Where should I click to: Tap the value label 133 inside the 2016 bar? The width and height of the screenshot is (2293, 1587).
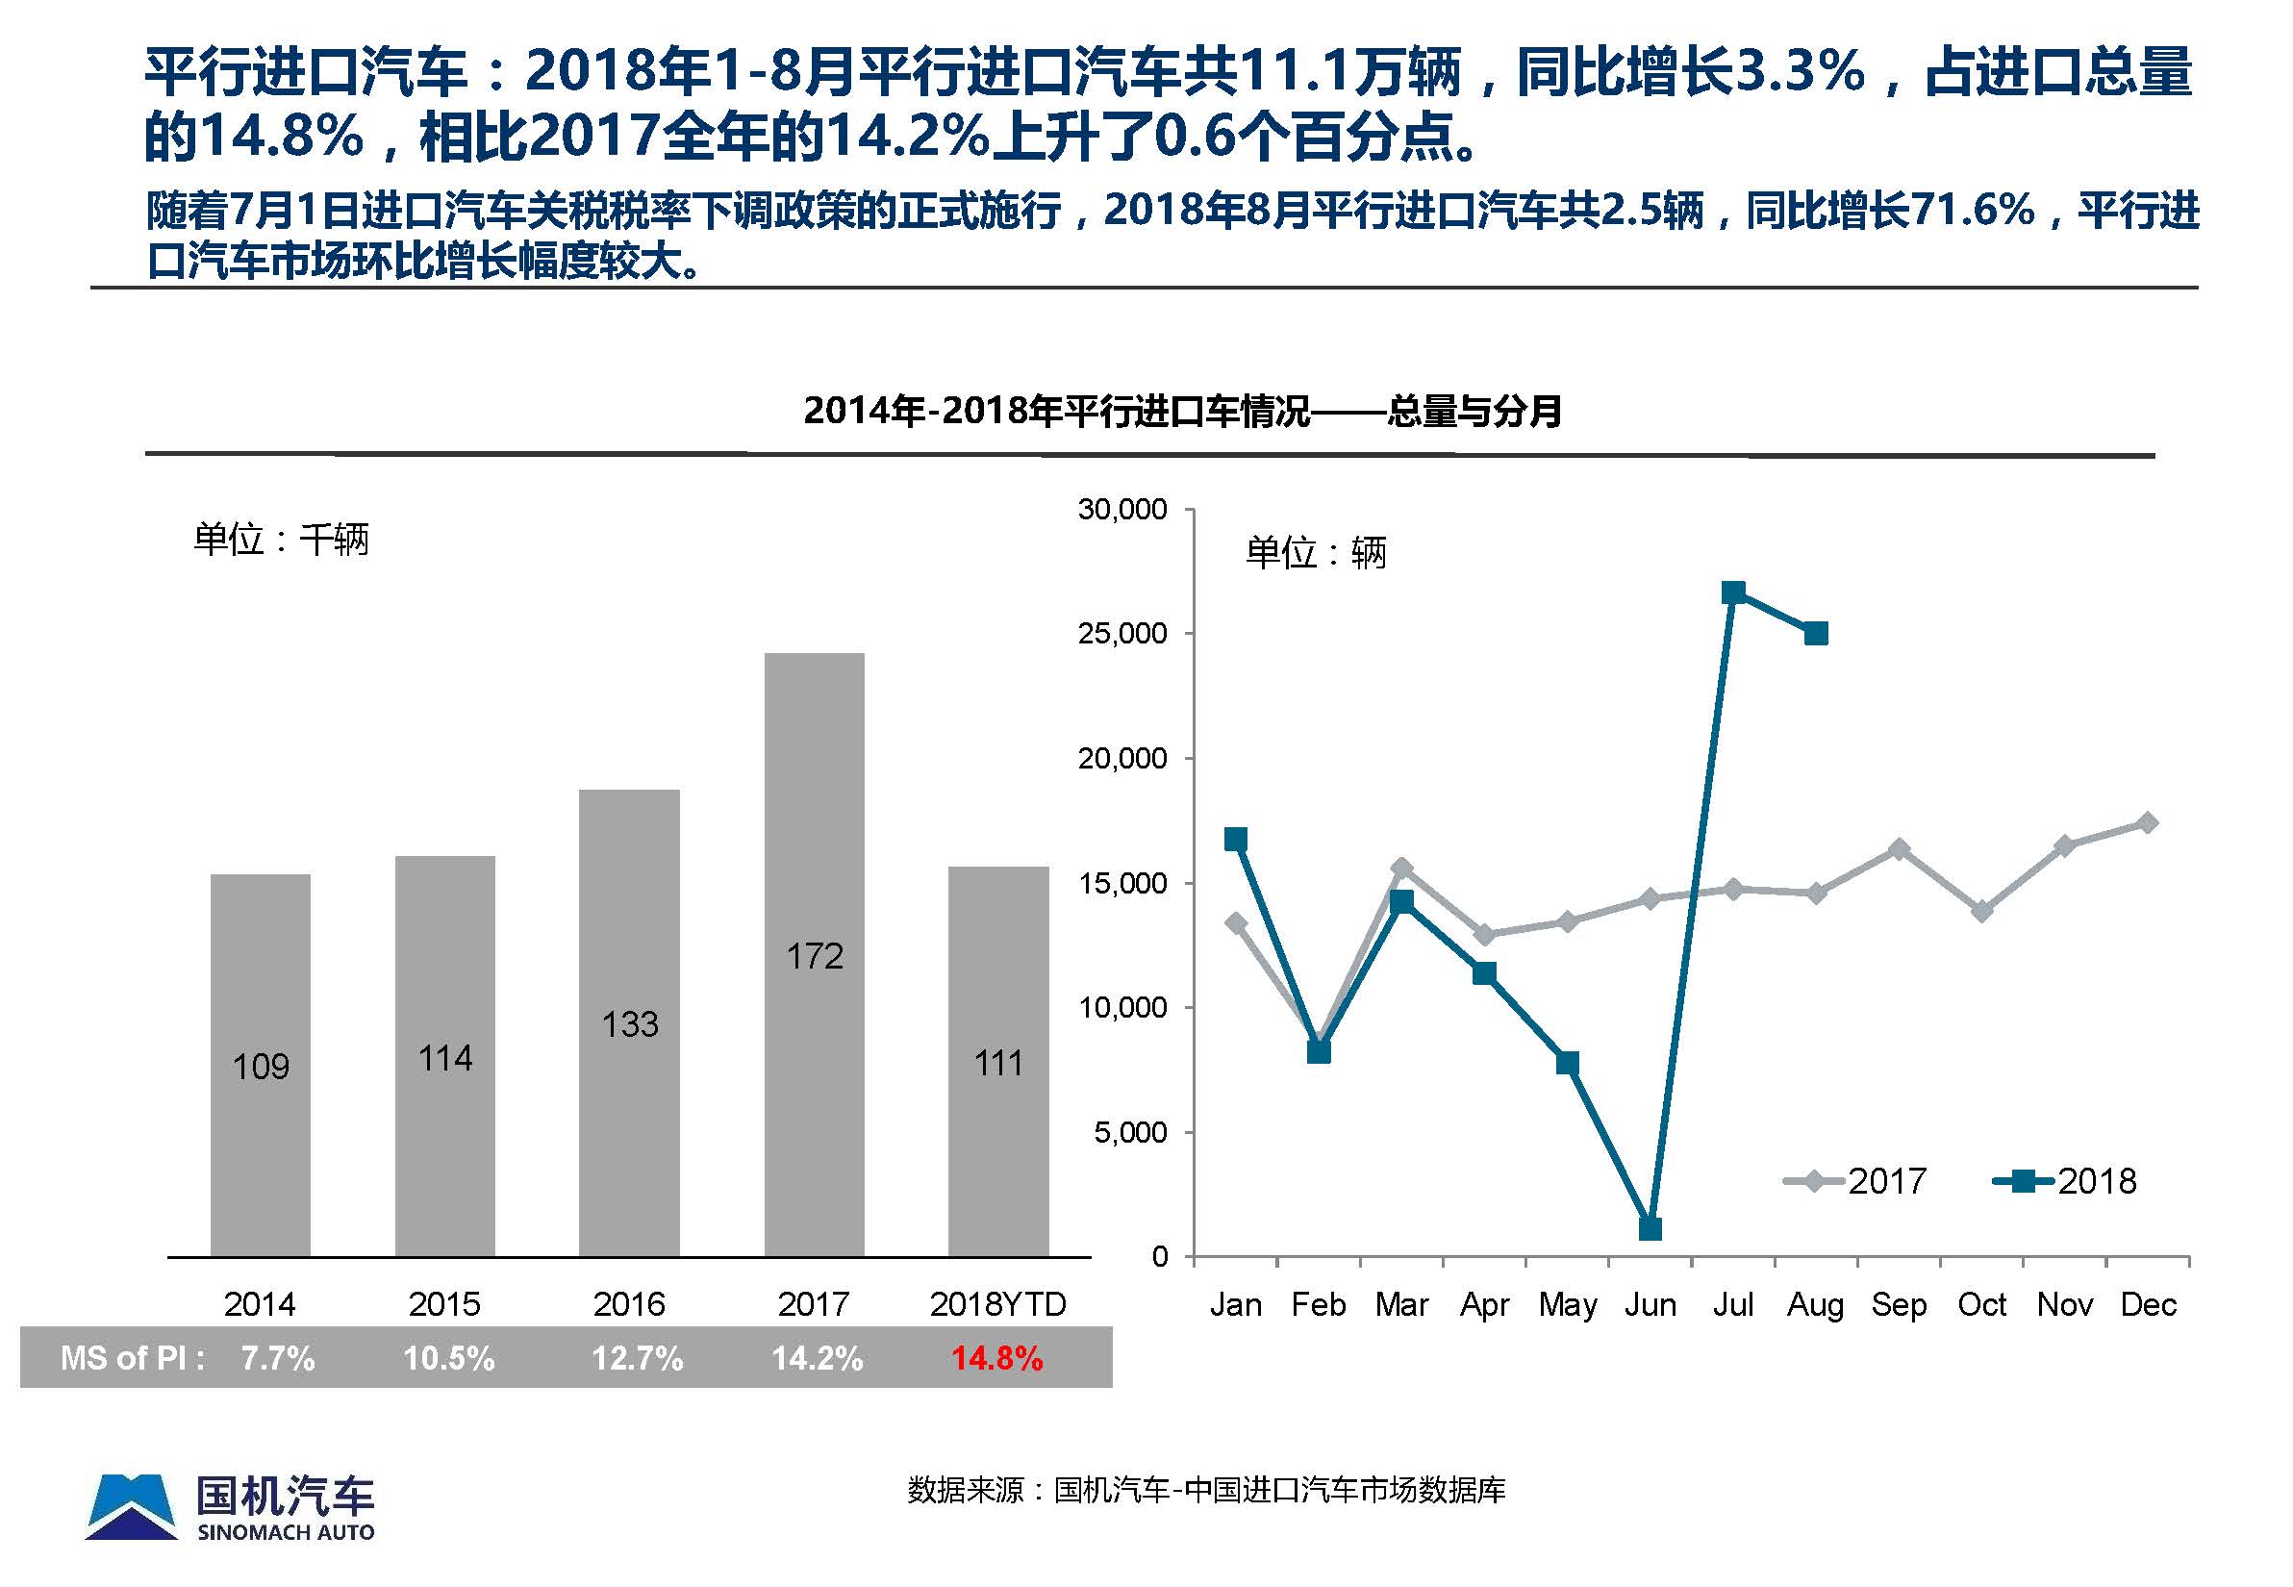[629, 1024]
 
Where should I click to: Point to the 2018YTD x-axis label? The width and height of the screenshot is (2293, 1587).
[997, 1303]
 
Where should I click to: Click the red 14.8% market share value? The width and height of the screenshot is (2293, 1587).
[996, 1358]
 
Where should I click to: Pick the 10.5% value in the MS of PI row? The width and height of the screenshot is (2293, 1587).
[448, 1358]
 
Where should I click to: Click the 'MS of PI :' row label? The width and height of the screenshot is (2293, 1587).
[132, 1358]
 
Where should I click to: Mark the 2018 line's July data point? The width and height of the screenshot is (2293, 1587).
[1733, 593]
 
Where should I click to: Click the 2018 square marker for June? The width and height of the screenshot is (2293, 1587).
[1650, 1229]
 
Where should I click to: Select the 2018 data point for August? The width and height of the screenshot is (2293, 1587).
[1816, 634]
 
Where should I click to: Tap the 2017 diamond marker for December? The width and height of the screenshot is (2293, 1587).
[2148, 822]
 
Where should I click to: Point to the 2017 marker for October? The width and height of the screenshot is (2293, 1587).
[1981, 911]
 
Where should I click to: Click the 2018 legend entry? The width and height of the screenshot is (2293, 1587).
[2065, 1181]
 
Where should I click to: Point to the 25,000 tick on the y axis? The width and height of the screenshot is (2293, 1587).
[1121, 634]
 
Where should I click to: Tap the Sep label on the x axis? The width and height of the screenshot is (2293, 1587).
[1899, 1303]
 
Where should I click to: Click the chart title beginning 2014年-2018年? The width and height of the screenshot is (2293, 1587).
[1181, 411]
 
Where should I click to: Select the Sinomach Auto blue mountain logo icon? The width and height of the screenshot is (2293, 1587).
[131, 1506]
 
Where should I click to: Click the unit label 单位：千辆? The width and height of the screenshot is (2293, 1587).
[282, 540]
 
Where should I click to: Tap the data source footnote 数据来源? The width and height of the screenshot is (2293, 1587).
[1206, 1490]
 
